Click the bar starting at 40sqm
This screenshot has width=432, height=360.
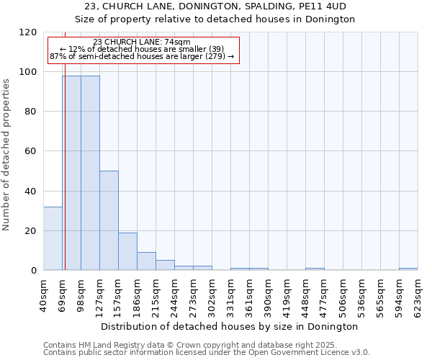[53, 238]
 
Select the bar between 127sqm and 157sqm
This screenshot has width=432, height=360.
[109, 220]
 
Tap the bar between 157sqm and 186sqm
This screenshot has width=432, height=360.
[127, 251]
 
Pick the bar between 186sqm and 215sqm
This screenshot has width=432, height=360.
[146, 261]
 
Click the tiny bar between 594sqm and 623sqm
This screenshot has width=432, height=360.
[408, 269]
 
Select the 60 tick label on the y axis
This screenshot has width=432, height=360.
[30, 151]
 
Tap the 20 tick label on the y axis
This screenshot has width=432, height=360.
[30, 231]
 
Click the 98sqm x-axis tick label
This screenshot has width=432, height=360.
[81, 292]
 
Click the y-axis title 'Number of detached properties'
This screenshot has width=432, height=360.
[6, 155]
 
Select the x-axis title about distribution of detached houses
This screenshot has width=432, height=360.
[230, 326]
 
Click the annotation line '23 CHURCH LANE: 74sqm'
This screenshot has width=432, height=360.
[142, 42]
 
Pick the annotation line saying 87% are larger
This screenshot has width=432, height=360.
[142, 56]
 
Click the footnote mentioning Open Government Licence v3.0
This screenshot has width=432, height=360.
[207, 353]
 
